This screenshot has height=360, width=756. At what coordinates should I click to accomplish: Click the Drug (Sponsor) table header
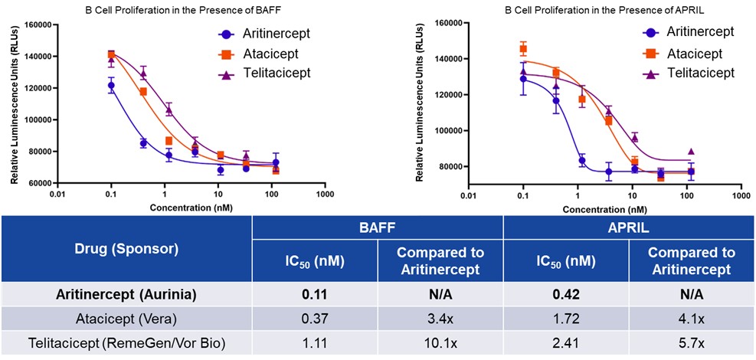point(126,248)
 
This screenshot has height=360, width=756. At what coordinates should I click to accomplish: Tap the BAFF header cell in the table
point(377,227)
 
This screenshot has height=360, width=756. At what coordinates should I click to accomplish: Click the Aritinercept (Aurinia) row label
point(126,293)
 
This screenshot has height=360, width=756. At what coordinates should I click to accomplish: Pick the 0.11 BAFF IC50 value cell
point(316,293)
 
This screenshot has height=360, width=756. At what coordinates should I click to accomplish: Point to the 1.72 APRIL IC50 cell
point(565,319)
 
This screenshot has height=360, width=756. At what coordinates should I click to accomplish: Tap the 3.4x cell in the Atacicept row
point(440,319)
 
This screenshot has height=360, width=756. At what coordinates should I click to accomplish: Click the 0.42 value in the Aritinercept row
point(565,293)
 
